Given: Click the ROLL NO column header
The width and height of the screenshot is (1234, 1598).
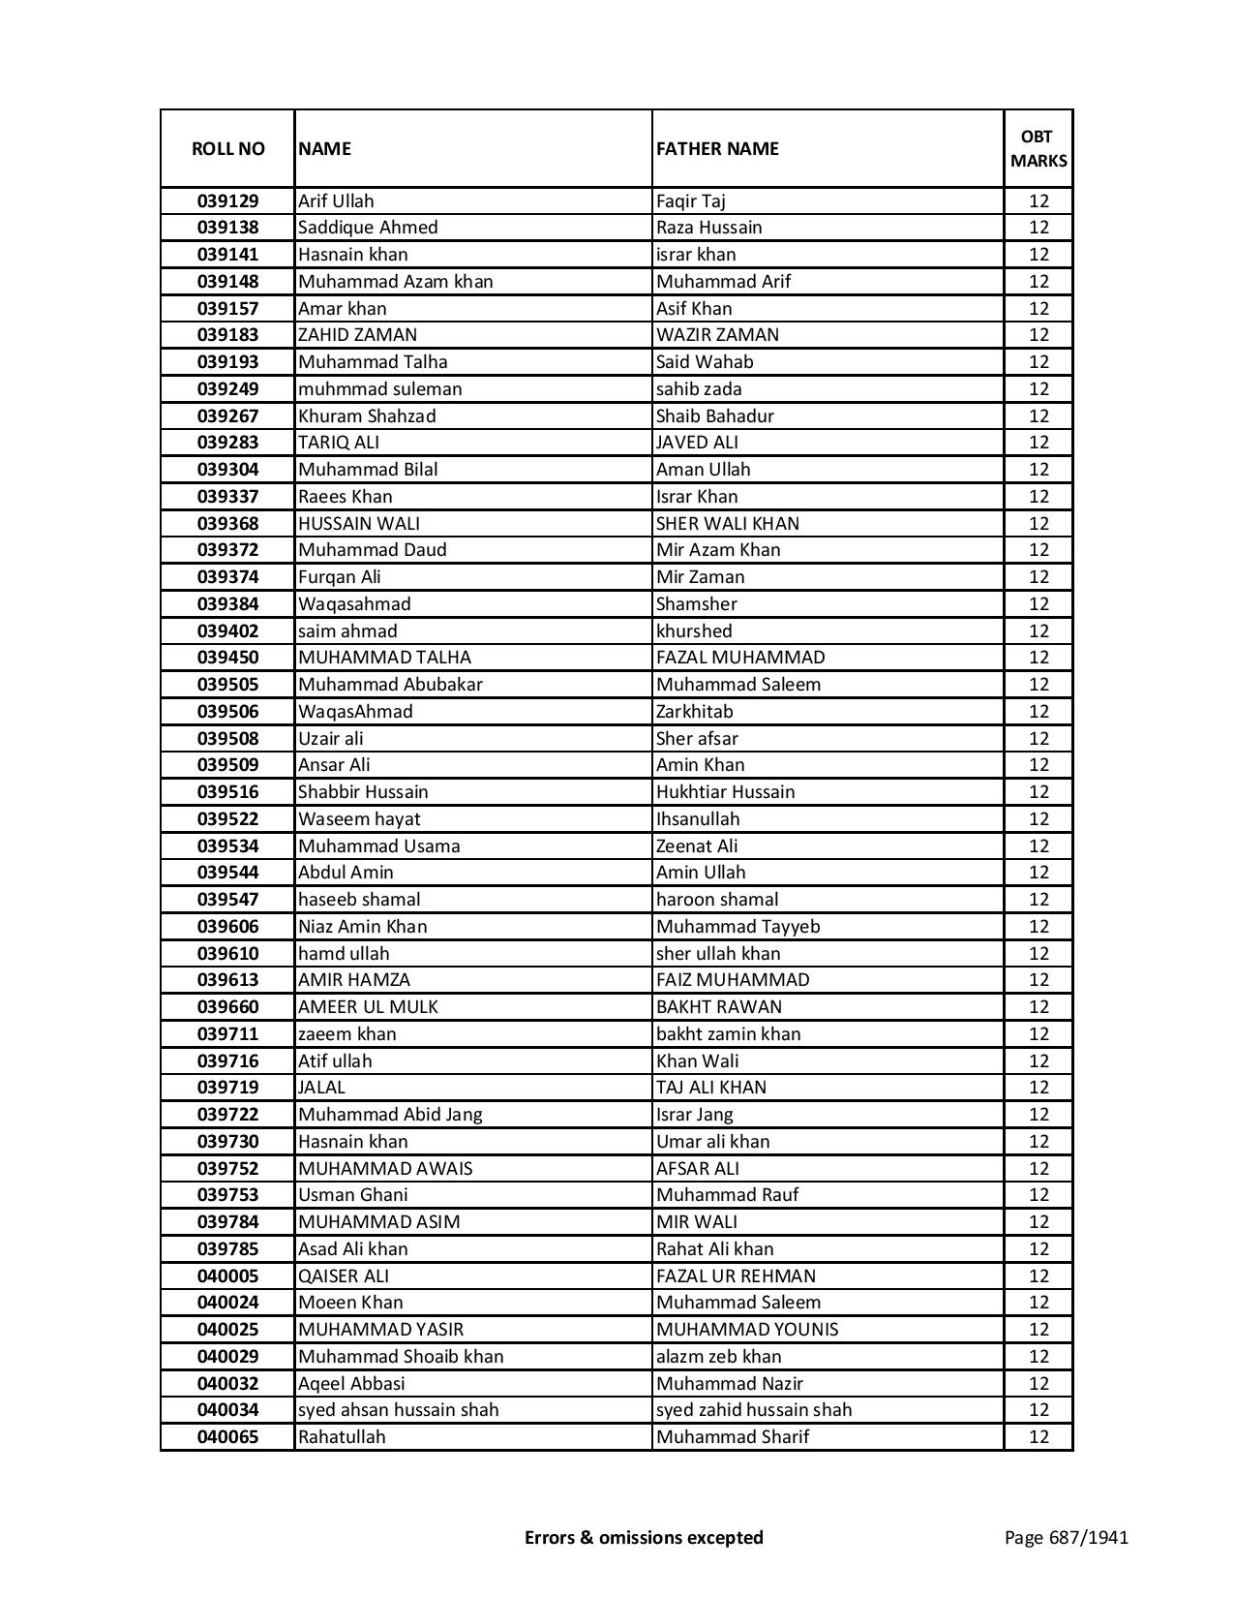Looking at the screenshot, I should click(227, 148).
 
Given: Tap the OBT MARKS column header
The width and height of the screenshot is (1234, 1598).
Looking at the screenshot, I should click(1038, 148).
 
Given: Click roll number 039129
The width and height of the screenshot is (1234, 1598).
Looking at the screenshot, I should click(227, 201).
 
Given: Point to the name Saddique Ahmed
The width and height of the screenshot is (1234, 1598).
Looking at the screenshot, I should click(368, 228).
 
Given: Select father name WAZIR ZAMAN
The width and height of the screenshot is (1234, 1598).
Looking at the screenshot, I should click(717, 335).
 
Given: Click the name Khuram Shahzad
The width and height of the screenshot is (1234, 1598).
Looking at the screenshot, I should click(367, 415).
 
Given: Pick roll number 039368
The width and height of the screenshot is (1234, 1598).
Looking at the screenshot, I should click(227, 523).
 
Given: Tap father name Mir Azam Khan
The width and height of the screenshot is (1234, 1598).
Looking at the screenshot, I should click(718, 550).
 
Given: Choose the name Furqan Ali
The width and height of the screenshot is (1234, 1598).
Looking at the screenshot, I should click(340, 577).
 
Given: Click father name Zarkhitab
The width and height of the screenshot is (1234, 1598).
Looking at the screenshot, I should click(694, 712).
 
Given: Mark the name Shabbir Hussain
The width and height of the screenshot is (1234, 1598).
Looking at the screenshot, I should click(363, 792).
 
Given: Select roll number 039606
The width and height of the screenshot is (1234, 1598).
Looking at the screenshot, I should click(227, 927).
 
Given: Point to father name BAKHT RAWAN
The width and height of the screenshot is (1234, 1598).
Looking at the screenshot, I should click(719, 1007).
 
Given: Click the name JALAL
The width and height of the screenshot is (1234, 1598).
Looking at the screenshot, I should click(321, 1088).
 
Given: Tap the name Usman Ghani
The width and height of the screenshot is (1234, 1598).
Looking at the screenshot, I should click(353, 1195).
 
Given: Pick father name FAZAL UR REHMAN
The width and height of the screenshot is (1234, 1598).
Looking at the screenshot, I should click(736, 1276).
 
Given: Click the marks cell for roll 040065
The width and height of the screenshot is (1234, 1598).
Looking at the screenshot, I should click(1038, 1437).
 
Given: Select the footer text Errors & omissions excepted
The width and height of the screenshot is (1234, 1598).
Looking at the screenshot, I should click(644, 1537).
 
